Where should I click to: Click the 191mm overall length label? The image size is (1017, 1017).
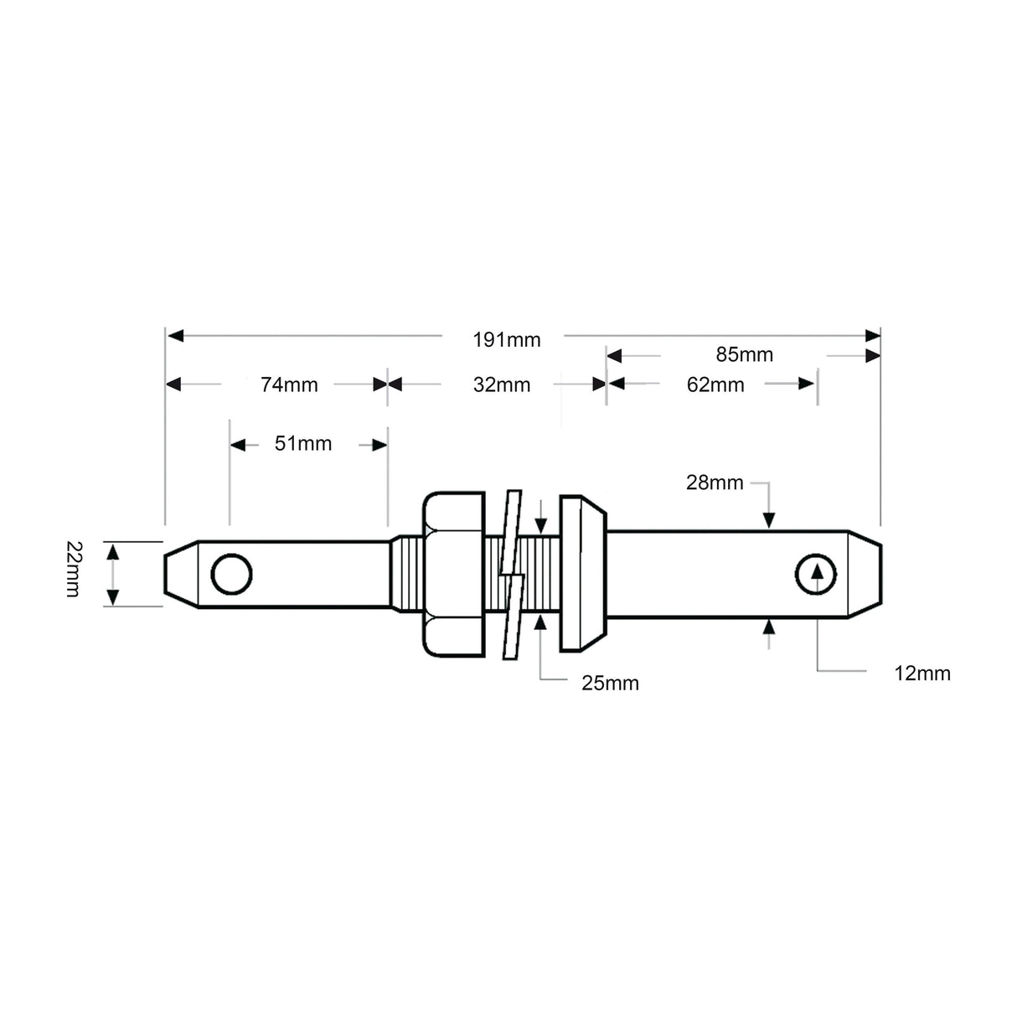[x=506, y=339]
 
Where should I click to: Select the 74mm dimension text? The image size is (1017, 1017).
[x=289, y=385]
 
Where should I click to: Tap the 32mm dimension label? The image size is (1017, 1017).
[x=502, y=385]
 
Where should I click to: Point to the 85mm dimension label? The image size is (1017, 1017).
[x=744, y=354]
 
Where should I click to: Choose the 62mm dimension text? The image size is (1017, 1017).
[x=715, y=385]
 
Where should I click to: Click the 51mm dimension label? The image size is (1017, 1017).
[x=303, y=443]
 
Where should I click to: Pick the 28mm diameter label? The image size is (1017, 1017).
[x=715, y=483]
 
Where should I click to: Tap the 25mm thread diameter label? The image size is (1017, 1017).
[x=610, y=684]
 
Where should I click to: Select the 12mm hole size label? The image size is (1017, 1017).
[x=921, y=673]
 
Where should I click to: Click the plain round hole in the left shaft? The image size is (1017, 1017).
[x=231, y=574]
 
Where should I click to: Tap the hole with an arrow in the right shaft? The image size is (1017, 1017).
[x=815, y=574]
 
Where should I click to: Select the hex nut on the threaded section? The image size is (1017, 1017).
[x=453, y=574]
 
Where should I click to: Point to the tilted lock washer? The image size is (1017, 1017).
[x=509, y=574]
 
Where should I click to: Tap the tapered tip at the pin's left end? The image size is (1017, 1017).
[x=180, y=574]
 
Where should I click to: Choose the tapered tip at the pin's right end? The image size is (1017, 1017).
[x=865, y=574]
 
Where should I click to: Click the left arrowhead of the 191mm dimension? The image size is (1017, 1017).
[x=175, y=336]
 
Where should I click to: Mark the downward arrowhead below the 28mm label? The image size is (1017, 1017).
[x=769, y=519]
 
